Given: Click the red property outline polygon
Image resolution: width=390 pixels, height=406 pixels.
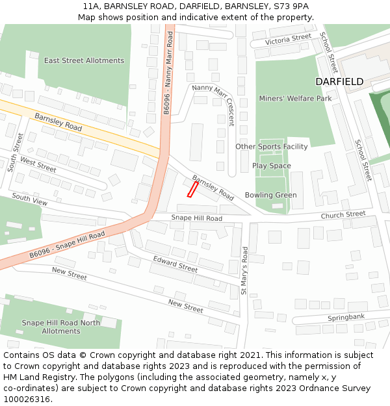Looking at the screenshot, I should (x=192, y=189).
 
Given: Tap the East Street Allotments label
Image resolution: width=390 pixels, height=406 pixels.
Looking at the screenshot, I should (x=84, y=60).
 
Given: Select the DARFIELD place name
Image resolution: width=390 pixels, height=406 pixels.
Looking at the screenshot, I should (x=339, y=82).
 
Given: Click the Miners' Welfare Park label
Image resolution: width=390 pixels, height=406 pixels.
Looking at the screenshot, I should (x=295, y=99).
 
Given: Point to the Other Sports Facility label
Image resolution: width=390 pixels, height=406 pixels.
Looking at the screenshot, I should (x=272, y=147).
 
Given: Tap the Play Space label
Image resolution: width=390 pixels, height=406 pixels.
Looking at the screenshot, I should (x=272, y=166).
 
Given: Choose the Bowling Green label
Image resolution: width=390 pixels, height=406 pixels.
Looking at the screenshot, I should (x=270, y=195).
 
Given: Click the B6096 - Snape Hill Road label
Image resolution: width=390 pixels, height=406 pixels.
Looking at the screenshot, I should (x=67, y=245).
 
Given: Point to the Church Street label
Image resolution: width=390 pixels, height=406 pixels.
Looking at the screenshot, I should (x=343, y=215).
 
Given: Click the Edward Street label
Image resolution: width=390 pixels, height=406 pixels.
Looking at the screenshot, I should (x=175, y=264).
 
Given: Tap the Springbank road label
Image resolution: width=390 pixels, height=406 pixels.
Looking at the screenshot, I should (x=346, y=318).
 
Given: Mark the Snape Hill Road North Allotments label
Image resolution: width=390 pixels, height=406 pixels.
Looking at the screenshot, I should (x=61, y=327).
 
